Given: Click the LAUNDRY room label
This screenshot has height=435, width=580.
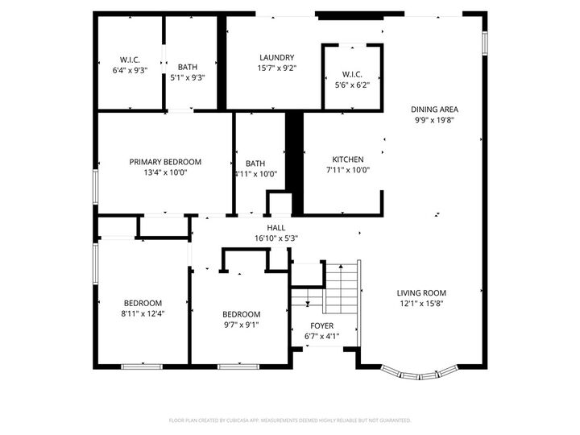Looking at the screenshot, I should [276, 57].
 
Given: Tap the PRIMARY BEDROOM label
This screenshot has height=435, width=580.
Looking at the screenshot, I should [165, 162].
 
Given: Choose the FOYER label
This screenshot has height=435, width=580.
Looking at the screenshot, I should [321, 325].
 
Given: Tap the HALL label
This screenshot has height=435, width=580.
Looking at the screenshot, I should [276, 228].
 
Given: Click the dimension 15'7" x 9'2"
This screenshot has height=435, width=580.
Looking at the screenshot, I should [276, 68].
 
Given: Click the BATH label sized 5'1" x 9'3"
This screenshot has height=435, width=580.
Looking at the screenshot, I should [187, 67].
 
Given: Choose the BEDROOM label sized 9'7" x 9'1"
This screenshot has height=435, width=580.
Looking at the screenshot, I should [241, 314].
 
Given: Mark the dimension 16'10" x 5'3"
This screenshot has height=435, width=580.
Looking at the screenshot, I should [276, 238].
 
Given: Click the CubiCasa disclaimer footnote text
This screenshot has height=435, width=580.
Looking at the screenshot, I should [289, 420].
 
